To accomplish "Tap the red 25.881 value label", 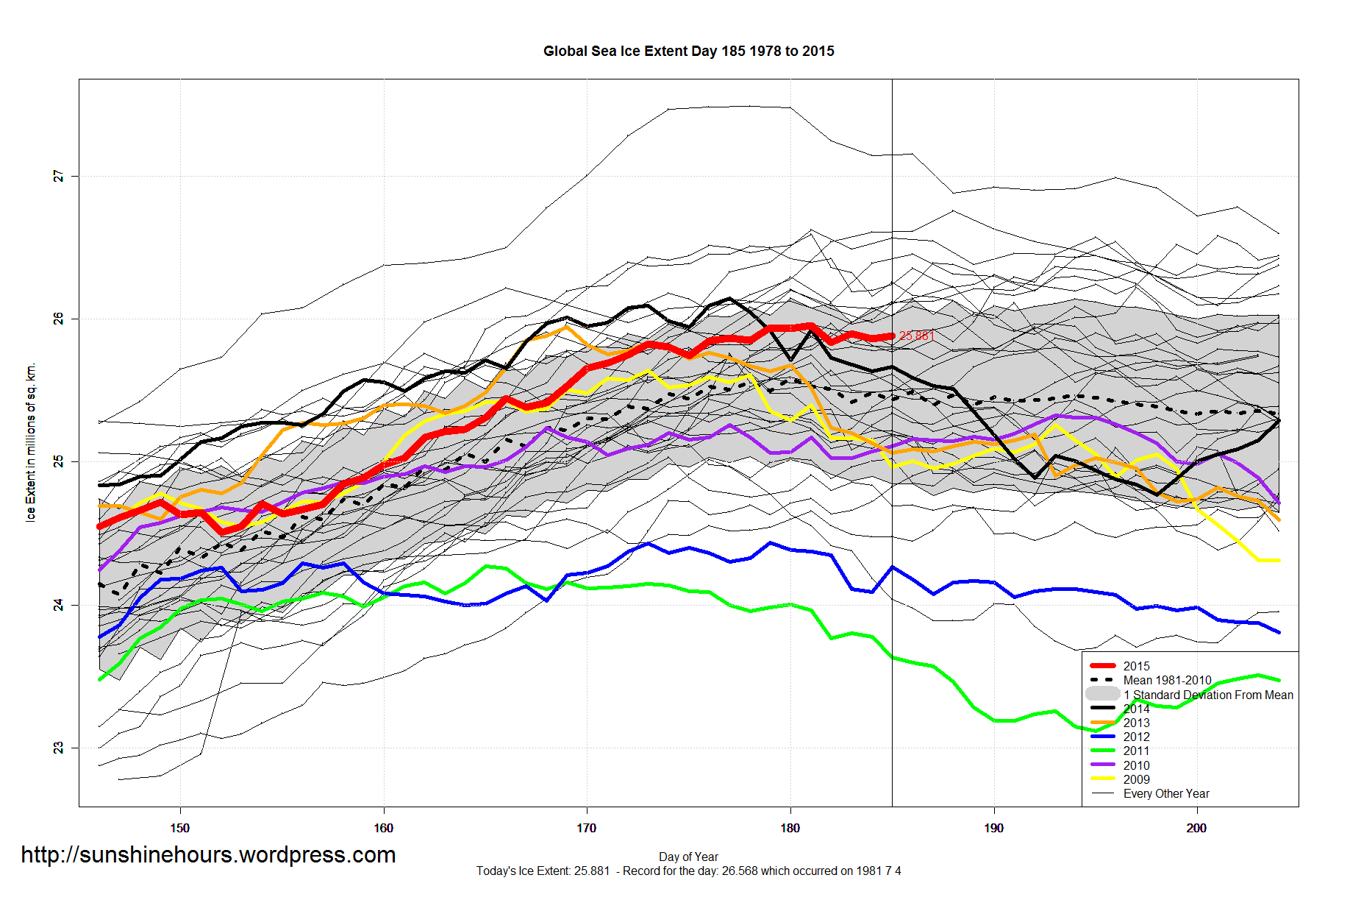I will point(916,336).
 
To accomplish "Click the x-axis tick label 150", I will point(179,828).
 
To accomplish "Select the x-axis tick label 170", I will point(586,828).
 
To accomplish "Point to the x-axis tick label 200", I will point(1196,828).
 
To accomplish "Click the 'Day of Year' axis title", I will point(688,857).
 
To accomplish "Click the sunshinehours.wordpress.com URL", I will point(208,854).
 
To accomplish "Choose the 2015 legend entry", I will point(1136,666).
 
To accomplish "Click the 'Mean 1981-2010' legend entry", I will point(1167,680).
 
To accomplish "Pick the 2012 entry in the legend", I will point(1136,737).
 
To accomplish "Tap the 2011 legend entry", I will point(1136,751).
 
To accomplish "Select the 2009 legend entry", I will point(1136,779).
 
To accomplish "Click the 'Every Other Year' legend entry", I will point(1166,793).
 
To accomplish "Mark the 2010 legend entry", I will point(1136,765).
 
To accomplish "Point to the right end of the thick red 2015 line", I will point(892,336).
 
